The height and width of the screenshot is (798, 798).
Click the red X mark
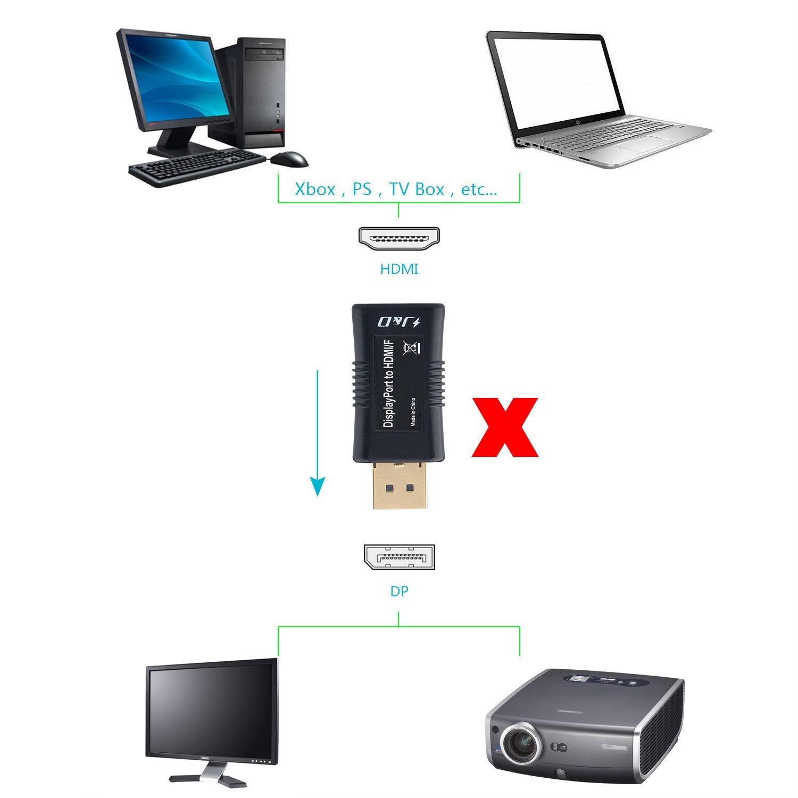point(505,427)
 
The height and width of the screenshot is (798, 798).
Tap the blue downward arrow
point(318,433)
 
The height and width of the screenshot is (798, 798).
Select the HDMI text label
point(399,269)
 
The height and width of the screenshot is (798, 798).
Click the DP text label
point(399,591)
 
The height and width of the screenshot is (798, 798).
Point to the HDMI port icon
point(399,239)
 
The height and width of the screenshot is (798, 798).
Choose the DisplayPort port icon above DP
point(399,557)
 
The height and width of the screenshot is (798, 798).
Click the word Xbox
point(315,189)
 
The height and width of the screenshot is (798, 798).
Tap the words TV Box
point(417,189)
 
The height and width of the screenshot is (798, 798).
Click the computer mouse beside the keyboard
point(289,159)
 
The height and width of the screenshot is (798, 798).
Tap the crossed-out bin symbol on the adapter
point(411,348)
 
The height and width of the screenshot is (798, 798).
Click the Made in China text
point(413,412)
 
